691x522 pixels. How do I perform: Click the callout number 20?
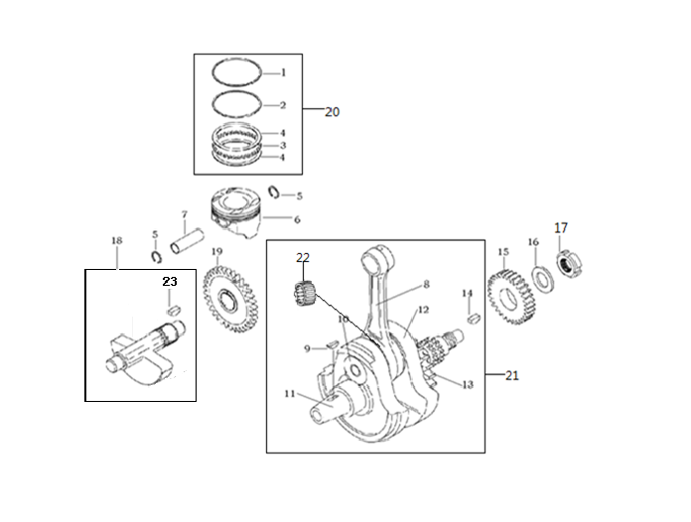coord(333,112)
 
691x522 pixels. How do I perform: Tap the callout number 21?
coord(511,376)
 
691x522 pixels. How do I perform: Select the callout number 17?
coord(561,227)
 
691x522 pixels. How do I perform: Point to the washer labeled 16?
coord(542,280)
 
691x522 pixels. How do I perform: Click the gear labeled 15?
coord(512,298)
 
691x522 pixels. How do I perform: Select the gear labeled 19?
coord(229,299)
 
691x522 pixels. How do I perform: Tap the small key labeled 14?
coord(474,318)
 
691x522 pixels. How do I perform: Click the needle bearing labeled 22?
coord(305,294)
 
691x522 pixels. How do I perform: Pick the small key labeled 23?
coord(173,310)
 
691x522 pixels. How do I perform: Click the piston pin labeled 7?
coord(188,240)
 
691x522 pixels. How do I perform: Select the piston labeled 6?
coord(235,212)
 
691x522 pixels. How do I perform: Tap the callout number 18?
coord(116,240)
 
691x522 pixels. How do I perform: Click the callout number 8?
coord(426,285)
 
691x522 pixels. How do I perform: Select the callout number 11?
coord(290,393)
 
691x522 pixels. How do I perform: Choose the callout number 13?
coord(468,385)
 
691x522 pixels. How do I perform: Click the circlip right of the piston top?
coord(274,192)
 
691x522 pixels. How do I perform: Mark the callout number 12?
coord(423,310)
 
